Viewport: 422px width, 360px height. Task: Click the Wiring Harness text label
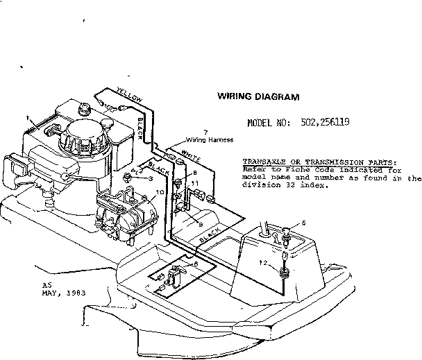pyautogui.click(x=199, y=139)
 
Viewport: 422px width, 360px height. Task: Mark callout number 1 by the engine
pyautogui.click(x=28, y=119)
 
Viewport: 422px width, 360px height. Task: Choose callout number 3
pyautogui.click(x=150, y=179)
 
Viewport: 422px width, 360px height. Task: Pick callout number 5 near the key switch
pyautogui.click(x=303, y=223)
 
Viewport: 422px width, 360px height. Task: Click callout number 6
pyautogui.click(x=196, y=264)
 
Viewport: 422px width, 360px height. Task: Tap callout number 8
pyautogui.click(x=194, y=171)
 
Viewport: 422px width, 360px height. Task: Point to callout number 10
pyautogui.click(x=160, y=192)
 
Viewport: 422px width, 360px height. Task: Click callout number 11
pyautogui.click(x=195, y=183)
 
